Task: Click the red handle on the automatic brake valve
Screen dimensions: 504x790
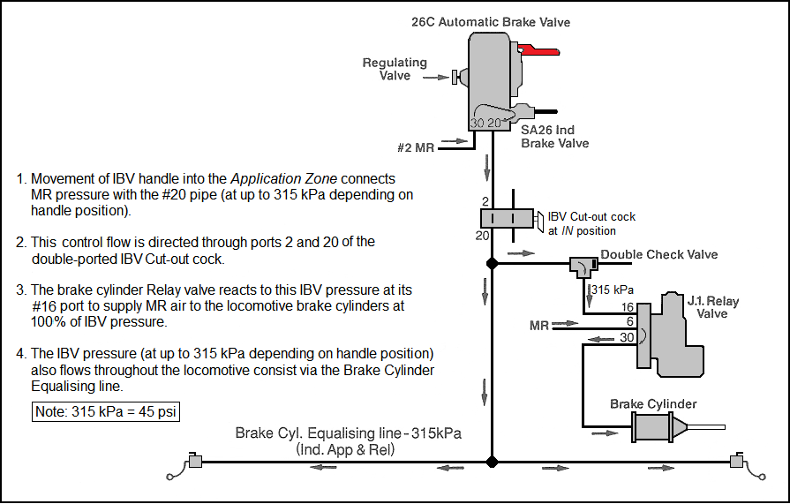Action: click(x=536, y=51)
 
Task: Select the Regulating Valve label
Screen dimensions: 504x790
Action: click(x=395, y=69)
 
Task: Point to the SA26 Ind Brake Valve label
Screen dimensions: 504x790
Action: click(x=554, y=136)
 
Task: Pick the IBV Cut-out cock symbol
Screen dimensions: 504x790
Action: click(x=506, y=218)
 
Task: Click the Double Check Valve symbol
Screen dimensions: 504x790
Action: click(x=582, y=264)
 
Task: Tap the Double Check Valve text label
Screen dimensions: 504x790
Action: click(x=659, y=255)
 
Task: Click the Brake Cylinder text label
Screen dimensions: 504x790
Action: click(x=653, y=404)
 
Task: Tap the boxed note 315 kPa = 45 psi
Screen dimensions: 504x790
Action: click(x=106, y=411)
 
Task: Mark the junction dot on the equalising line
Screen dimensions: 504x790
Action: click(x=493, y=461)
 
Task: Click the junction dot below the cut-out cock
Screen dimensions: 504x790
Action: click(x=493, y=264)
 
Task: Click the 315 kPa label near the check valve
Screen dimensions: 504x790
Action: click(x=612, y=289)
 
